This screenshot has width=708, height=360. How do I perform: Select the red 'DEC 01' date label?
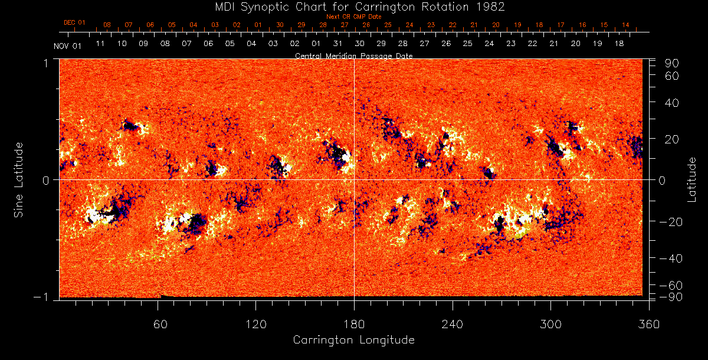click(x=74, y=22)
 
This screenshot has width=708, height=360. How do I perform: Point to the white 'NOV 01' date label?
click(x=67, y=47)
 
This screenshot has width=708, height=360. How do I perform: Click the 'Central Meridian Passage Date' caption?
click(x=353, y=55)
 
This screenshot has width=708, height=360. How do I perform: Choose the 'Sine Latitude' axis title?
click(x=19, y=179)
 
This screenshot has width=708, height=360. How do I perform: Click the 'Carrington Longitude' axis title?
click(x=353, y=340)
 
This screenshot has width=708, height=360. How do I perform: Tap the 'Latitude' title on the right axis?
click(x=692, y=179)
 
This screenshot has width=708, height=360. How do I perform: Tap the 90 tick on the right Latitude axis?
click(x=673, y=63)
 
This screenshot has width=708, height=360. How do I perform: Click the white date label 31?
click(x=337, y=44)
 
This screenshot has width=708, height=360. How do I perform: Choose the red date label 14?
click(x=625, y=25)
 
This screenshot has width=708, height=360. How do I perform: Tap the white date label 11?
click(x=100, y=44)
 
